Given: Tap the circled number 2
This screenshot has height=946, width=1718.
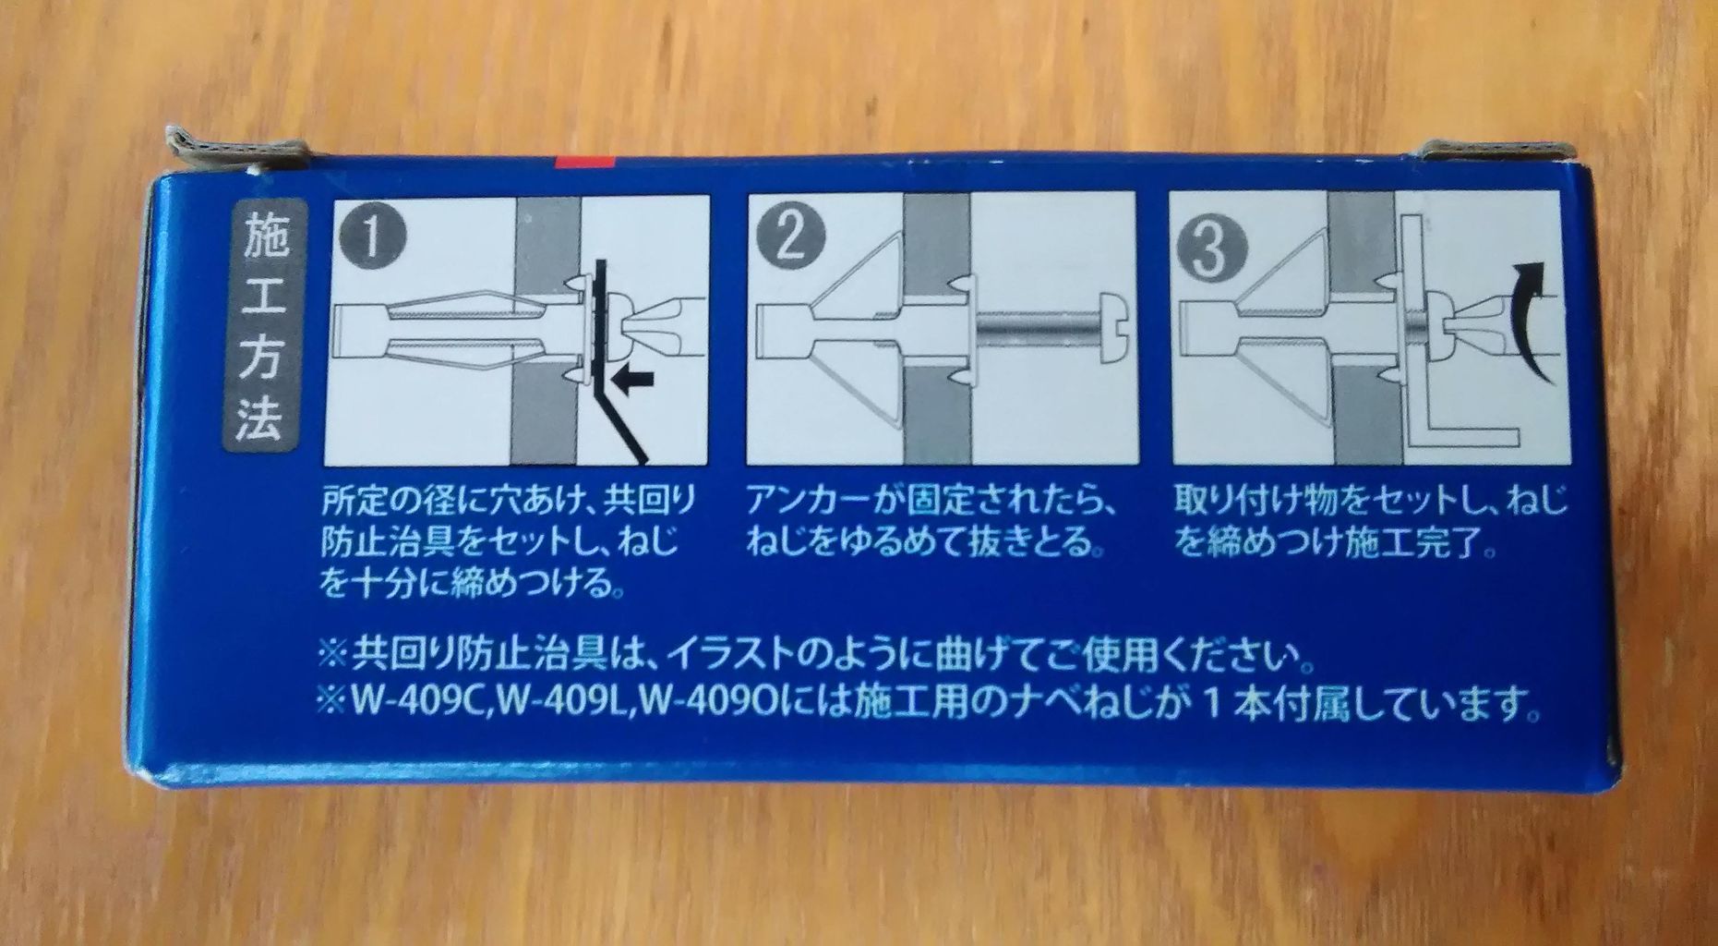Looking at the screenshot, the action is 790,239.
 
